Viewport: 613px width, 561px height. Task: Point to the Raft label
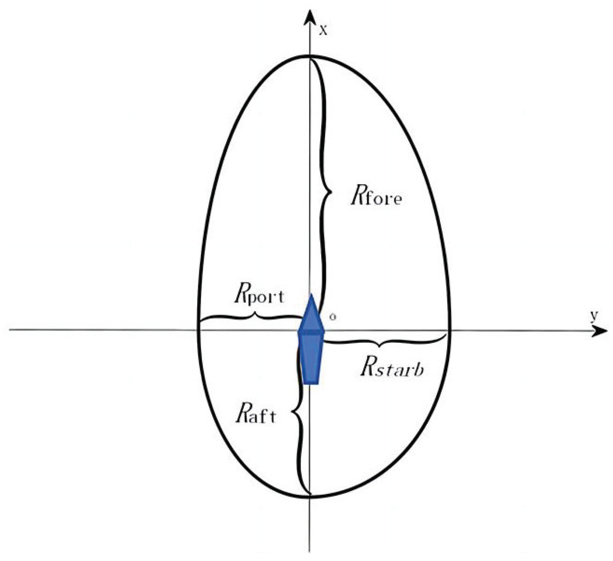(x=255, y=415)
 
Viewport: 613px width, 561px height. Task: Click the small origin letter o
(x=333, y=317)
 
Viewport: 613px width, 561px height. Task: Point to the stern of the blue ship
(x=311, y=380)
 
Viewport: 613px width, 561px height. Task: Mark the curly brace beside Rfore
(x=326, y=191)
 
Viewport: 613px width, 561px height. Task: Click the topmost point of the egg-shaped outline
(x=310, y=56)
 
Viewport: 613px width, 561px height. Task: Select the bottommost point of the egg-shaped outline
(x=310, y=497)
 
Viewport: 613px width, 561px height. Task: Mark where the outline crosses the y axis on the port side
(x=198, y=329)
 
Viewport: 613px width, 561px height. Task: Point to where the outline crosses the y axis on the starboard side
(x=450, y=330)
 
